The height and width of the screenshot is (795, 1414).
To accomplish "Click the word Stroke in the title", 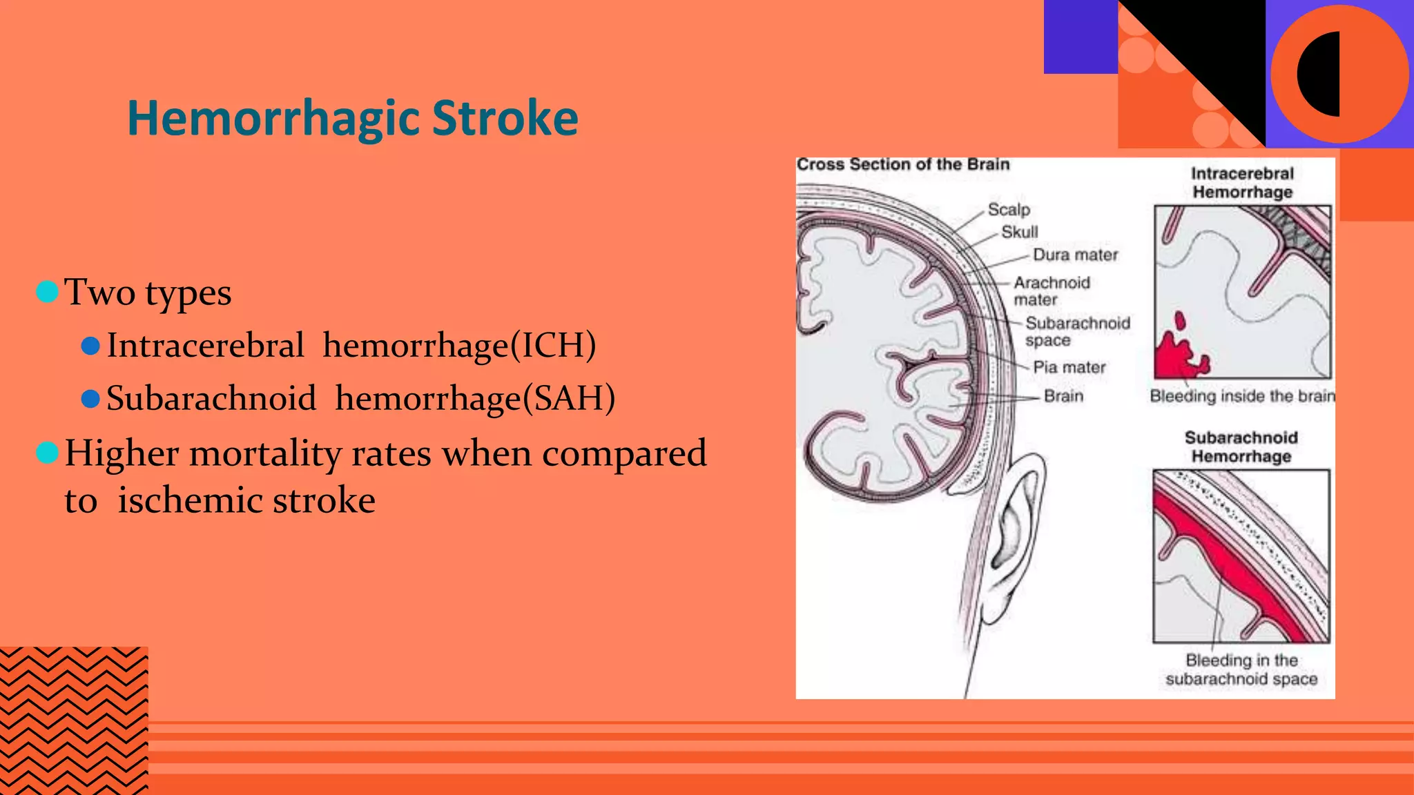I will (x=505, y=118).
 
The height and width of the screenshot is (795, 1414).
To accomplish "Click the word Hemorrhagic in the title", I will (x=273, y=119).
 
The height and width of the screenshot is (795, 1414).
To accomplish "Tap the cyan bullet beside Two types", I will (x=47, y=292).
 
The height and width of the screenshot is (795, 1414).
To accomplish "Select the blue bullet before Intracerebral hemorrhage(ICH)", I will (x=90, y=346).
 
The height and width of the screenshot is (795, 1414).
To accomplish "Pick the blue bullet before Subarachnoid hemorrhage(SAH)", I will (x=90, y=399).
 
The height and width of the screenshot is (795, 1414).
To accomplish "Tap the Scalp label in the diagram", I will (x=1008, y=209).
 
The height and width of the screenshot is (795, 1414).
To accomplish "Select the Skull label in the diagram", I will (x=1019, y=232).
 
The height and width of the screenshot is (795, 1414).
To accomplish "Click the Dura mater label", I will (x=1074, y=255).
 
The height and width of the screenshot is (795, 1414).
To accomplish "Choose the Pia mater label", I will (x=1068, y=367).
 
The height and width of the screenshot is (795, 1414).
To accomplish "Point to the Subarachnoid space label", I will (x=1076, y=331).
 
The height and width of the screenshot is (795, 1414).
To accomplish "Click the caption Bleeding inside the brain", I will (x=1241, y=396).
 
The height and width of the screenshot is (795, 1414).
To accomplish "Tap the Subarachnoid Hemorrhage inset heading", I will (x=1241, y=446).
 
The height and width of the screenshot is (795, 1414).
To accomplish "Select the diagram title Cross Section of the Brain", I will (x=902, y=164).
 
